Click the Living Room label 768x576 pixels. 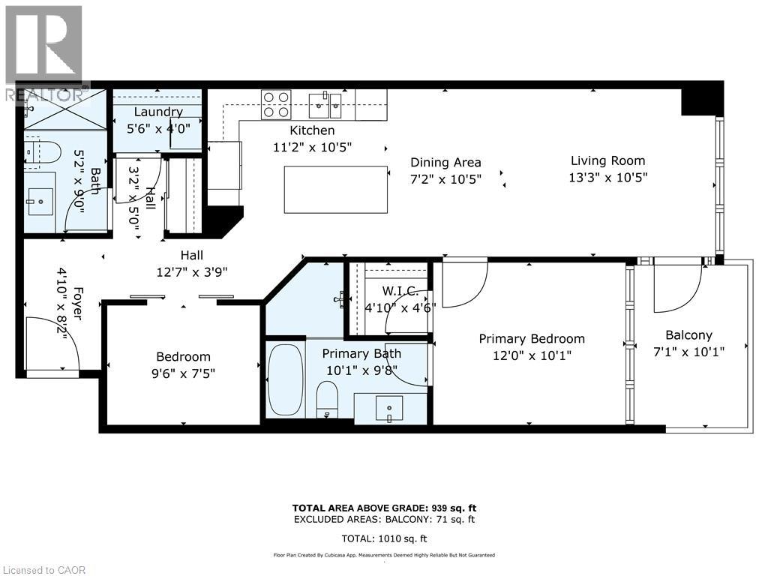(x=607, y=160)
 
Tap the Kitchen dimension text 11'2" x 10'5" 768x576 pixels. (x=312, y=147)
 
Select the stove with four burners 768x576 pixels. (x=275, y=104)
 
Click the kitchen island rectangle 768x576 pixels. (x=336, y=189)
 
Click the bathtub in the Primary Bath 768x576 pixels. (x=285, y=379)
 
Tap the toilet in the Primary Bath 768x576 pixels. (x=328, y=398)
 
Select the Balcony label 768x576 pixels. (x=688, y=335)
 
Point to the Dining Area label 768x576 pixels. (x=445, y=162)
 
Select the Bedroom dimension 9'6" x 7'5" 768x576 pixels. (x=183, y=373)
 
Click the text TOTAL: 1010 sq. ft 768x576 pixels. (x=383, y=538)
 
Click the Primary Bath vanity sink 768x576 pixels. (x=389, y=409)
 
